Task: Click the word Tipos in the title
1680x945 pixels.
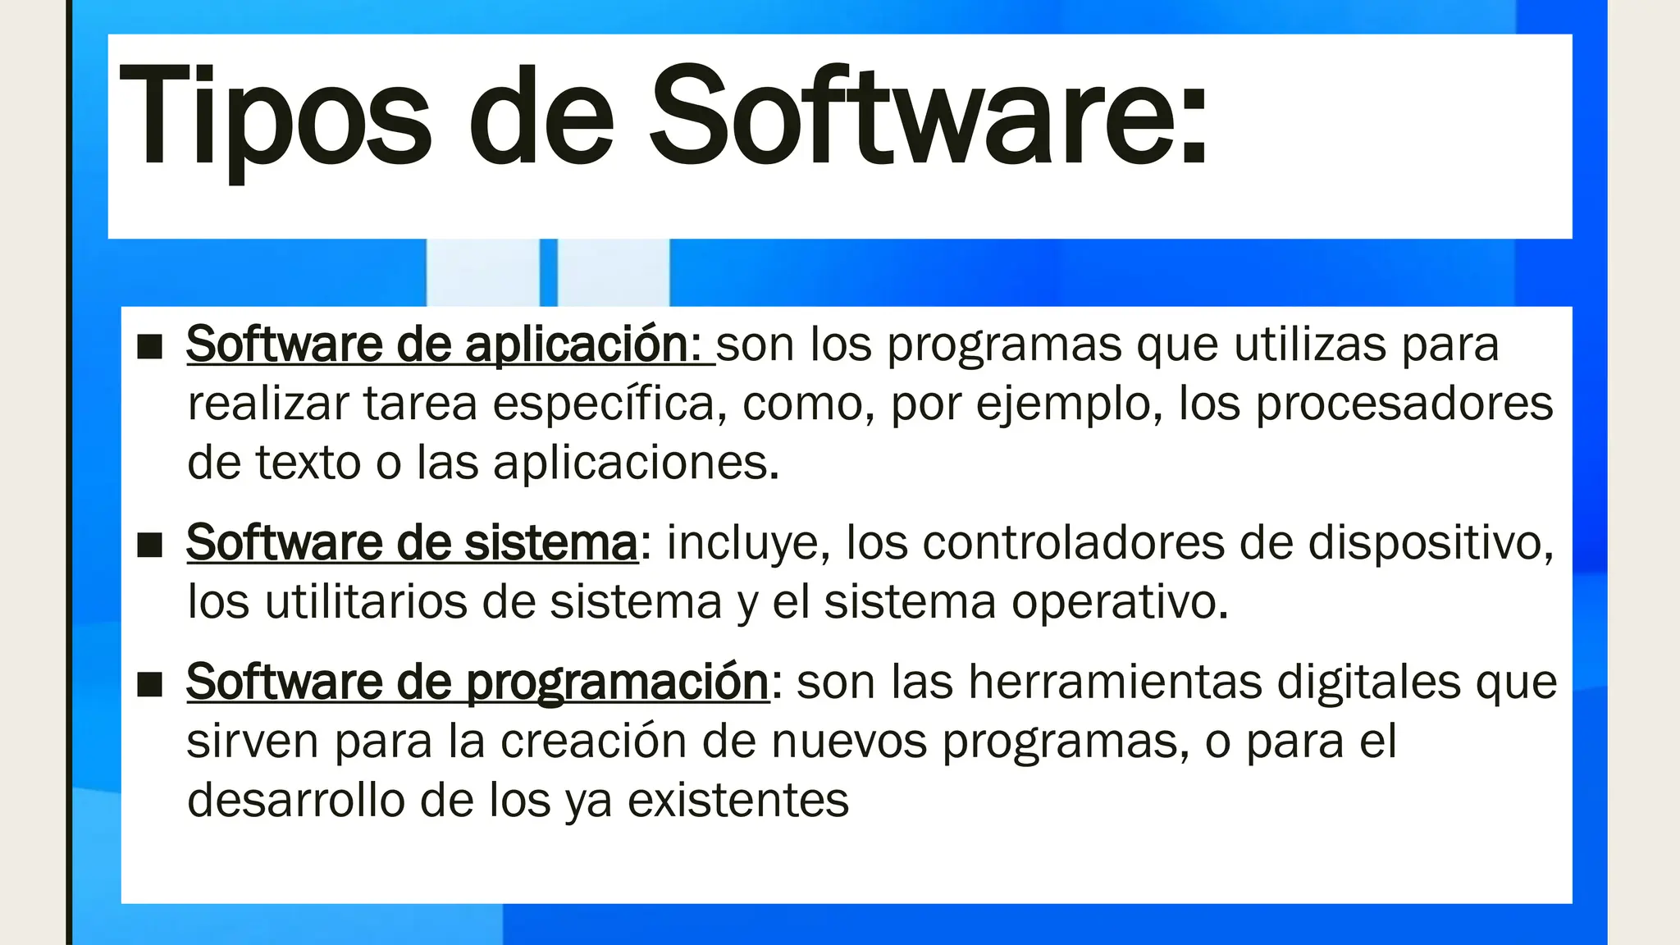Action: tap(275, 119)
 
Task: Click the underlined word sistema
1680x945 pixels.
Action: tap(550, 543)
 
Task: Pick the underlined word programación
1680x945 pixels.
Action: tap(618, 682)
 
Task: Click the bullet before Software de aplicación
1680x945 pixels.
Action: tap(149, 347)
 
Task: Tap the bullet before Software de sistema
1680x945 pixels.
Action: tap(149, 545)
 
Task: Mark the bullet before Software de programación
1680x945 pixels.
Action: tap(149, 684)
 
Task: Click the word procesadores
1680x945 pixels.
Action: tap(1404, 404)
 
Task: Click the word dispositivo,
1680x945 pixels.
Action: tap(1431, 543)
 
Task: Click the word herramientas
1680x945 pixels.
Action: tap(1115, 682)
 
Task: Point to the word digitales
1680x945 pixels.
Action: tap(1369, 682)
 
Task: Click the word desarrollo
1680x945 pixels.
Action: tap(296, 801)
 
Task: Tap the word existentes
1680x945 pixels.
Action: tap(737, 801)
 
